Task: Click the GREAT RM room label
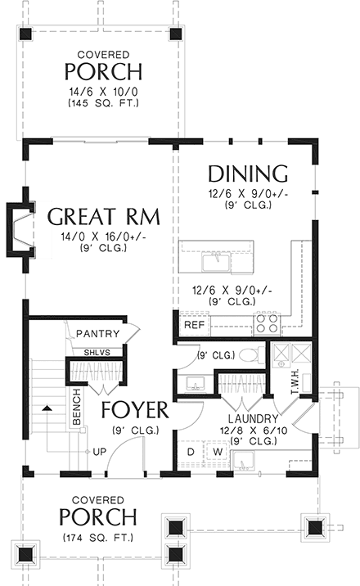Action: pyautogui.click(x=104, y=217)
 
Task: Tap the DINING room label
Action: pyautogui.click(x=248, y=174)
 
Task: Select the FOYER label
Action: pyautogui.click(x=135, y=410)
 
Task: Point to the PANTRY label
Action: pyautogui.click(x=98, y=333)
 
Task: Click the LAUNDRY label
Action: pyautogui.click(x=253, y=419)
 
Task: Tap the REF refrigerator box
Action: pyautogui.click(x=195, y=324)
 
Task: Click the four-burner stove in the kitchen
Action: pyautogui.click(x=267, y=323)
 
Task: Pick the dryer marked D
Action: pyautogui.click(x=191, y=453)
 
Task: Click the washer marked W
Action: pyautogui.click(x=218, y=453)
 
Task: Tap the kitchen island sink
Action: pyautogui.click(x=216, y=262)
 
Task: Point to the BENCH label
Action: pyautogui.click(x=77, y=407)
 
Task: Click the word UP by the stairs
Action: pyautogui.click(x=99, y=452)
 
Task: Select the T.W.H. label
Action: pyautogui.click(x=294, y=381)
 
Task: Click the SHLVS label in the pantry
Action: pyautogui.click(x=97, y=353)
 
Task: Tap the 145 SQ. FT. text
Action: pyautogui.click(x=103, y=103)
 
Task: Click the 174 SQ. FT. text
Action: pyautogui.click(x=98, y=538)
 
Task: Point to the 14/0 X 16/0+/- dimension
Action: pyautogui.click(x=104, y=237)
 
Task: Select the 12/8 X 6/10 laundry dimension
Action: pyautogui.click(x=254, y=430)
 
